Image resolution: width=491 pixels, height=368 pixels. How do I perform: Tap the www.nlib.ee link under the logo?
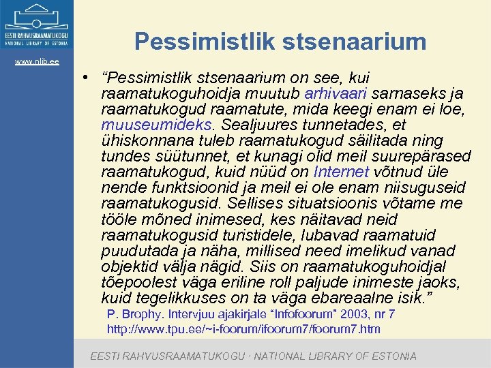coord(38,61)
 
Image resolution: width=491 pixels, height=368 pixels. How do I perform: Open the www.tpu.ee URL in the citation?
coord(243,329)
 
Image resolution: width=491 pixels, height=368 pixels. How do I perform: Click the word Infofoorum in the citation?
coord(300,314)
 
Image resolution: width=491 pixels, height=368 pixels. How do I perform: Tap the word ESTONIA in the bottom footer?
coord(391,356)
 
